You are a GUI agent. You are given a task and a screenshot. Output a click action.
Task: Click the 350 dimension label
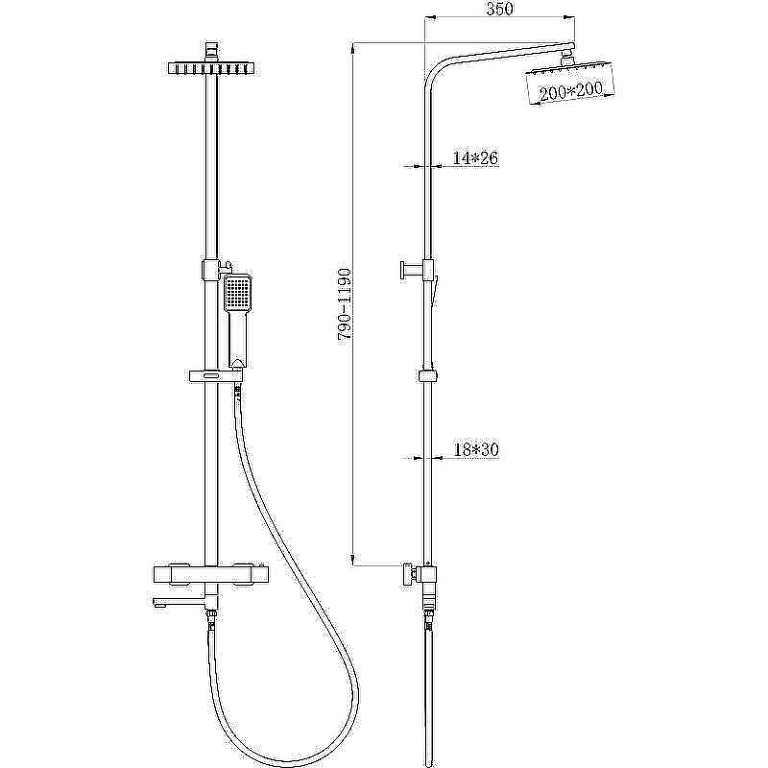tap(499, 9)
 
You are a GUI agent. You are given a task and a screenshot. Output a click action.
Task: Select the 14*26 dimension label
tap(475, 157)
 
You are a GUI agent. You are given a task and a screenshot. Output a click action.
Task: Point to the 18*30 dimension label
tap(476, 449)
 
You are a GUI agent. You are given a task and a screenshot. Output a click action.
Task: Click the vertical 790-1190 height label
tap(345, 305)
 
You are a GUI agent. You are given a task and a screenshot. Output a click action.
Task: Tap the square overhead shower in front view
tap(211, 68)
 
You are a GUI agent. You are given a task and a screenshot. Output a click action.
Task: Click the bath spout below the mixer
tap(178, 602)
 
